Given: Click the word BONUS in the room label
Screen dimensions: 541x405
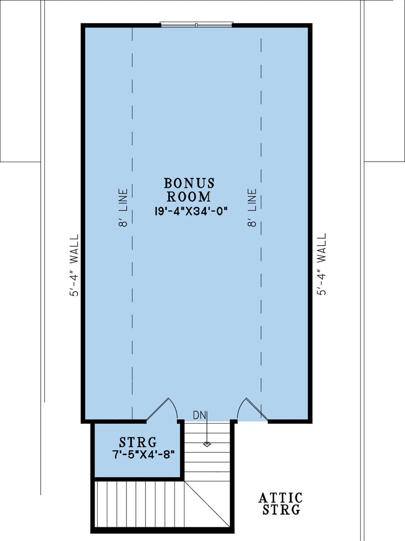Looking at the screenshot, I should point(189,183).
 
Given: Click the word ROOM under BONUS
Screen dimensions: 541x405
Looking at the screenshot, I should point(189,197).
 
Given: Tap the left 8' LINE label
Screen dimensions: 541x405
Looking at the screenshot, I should point(124,208).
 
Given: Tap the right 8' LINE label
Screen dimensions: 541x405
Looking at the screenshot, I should point(252,208).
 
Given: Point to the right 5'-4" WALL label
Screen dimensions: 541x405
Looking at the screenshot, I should point(321,264).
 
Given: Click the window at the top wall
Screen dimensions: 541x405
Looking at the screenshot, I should point(196,24).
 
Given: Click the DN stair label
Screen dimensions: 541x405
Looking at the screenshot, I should point(199,415).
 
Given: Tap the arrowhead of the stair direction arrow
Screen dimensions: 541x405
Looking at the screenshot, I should point(207,444).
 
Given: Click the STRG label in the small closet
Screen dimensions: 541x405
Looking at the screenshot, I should point(137,441).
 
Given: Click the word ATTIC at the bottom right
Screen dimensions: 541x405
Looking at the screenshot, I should point(280,498).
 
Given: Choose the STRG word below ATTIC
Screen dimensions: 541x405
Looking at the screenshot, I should point(280,510).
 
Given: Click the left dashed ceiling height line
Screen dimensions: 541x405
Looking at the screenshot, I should point(132,317).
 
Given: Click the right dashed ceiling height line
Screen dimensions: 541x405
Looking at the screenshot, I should point(261,317).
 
